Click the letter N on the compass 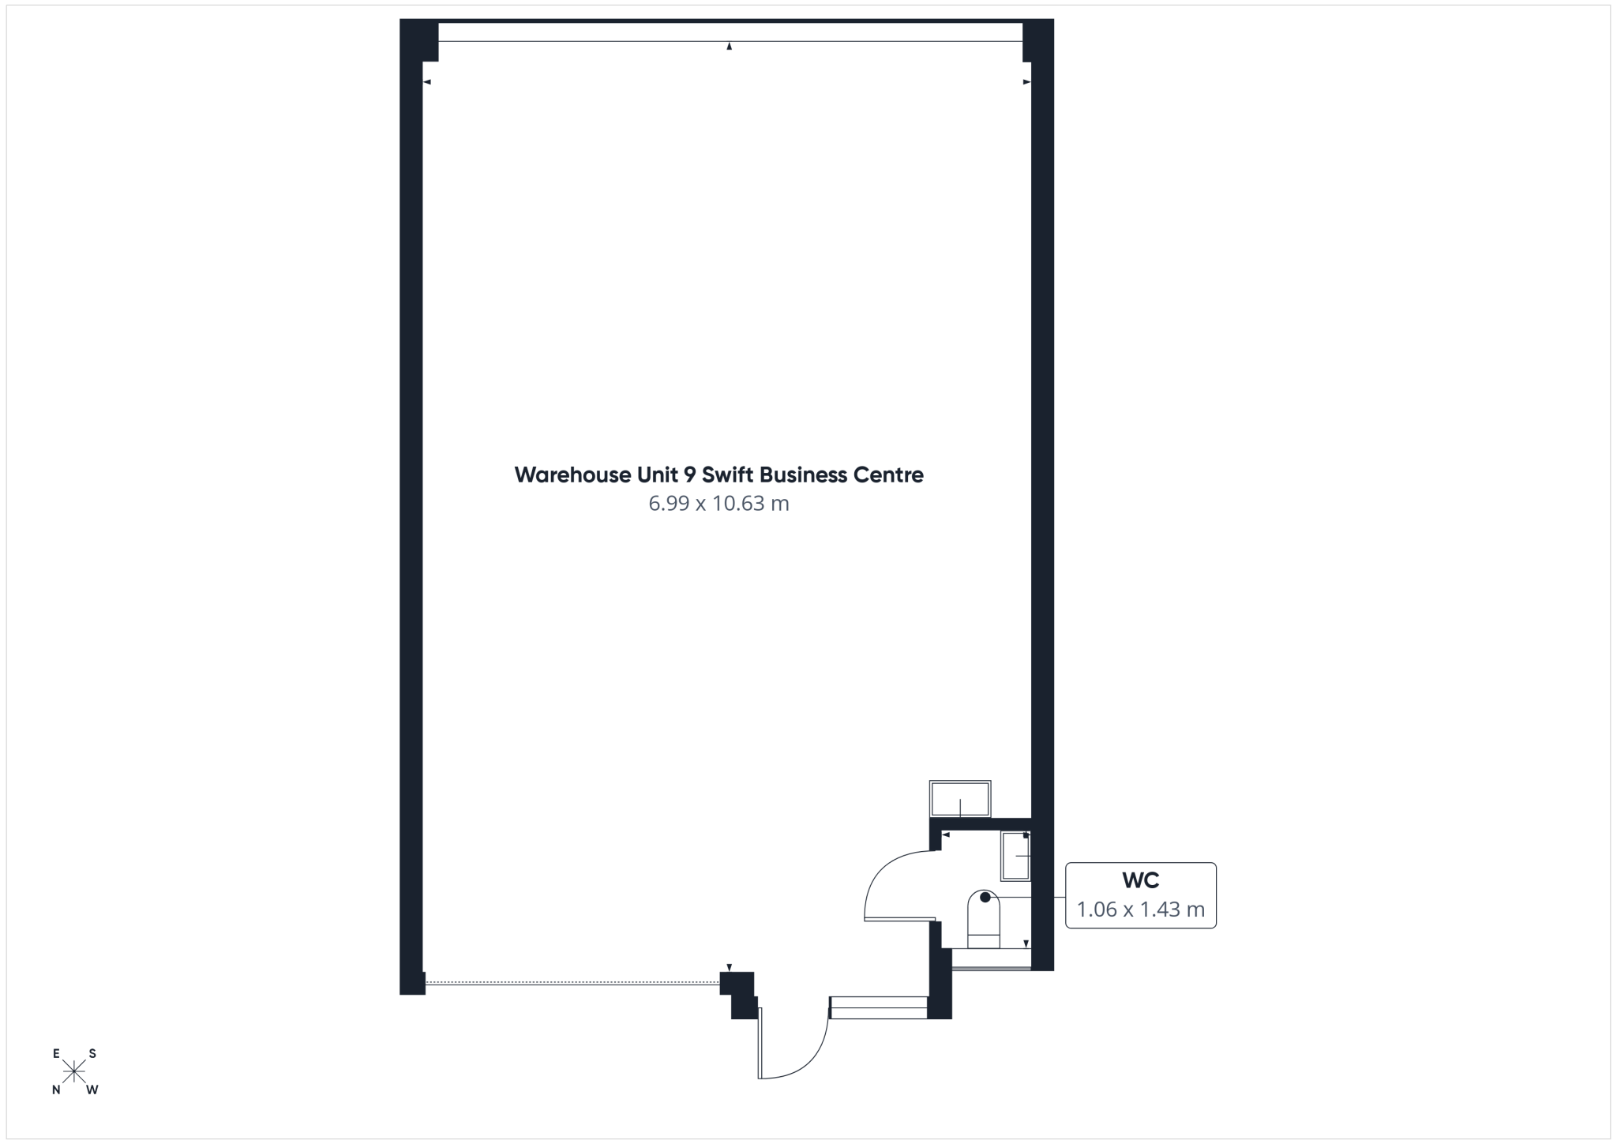tap(56, 1090)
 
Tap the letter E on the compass tap(56, 1053)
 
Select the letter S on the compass tap(92, 1053)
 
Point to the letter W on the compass tap(92, 1090)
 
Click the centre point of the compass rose tap(74, 1071)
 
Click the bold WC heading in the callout tap(1140, 880)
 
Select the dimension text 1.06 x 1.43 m tap(1140, 910)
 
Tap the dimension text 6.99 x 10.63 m tap(718, 504)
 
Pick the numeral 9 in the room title tap(689, 475)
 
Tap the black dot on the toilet tap(985, 897)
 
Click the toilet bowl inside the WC tap(984, 919)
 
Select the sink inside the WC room tap(1016, 856)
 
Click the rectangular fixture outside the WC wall tap(960, 799)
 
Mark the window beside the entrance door tap(878, 1007)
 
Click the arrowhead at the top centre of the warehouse tap(730, 47)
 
